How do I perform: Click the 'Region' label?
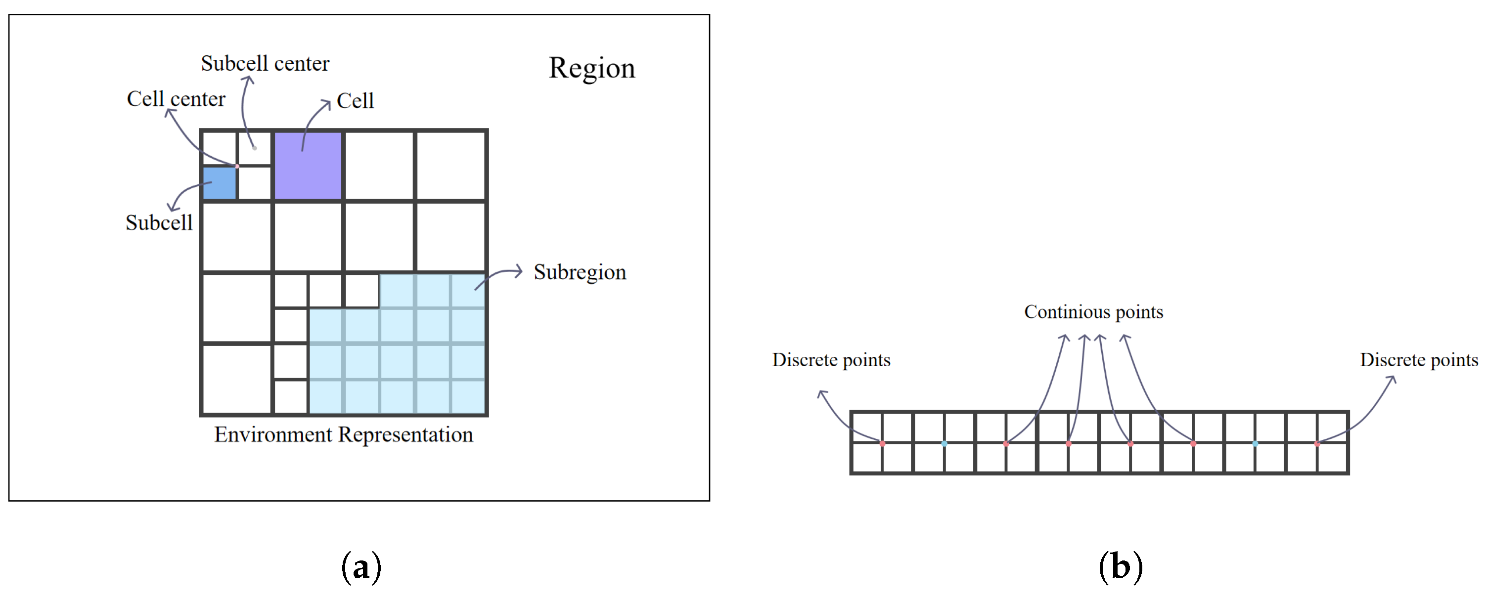[591, 68]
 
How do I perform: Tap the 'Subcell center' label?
[265, 63]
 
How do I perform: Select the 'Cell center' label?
[176, 99]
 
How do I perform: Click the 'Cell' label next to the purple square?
[355, 101]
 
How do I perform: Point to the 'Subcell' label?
[159, 223]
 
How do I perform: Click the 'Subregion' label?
[580, 272]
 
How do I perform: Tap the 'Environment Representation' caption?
[344, 435]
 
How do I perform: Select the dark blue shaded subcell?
[219, 183]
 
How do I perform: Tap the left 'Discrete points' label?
[831, 360]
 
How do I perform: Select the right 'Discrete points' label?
[1419, 360]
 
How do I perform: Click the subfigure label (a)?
[361, 567]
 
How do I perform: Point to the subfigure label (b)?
[1120, 567]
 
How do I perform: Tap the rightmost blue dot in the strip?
[1255, 443]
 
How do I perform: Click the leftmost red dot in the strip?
[882, 443]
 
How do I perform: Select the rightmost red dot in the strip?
[1317, 443]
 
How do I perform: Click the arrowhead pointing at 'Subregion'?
[519, 271]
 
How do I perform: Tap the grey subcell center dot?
[254, 148]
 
